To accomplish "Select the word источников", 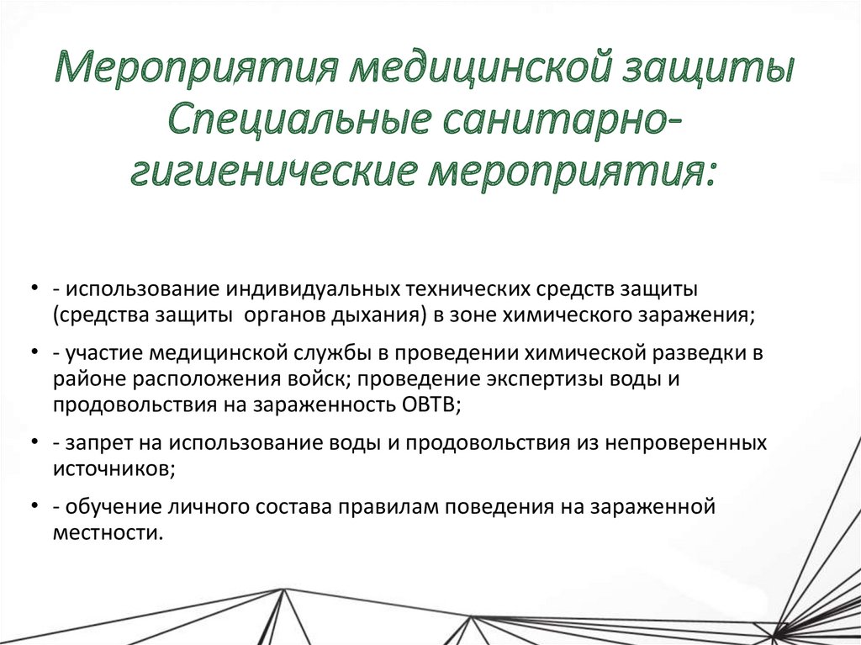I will (x=111, y=468).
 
